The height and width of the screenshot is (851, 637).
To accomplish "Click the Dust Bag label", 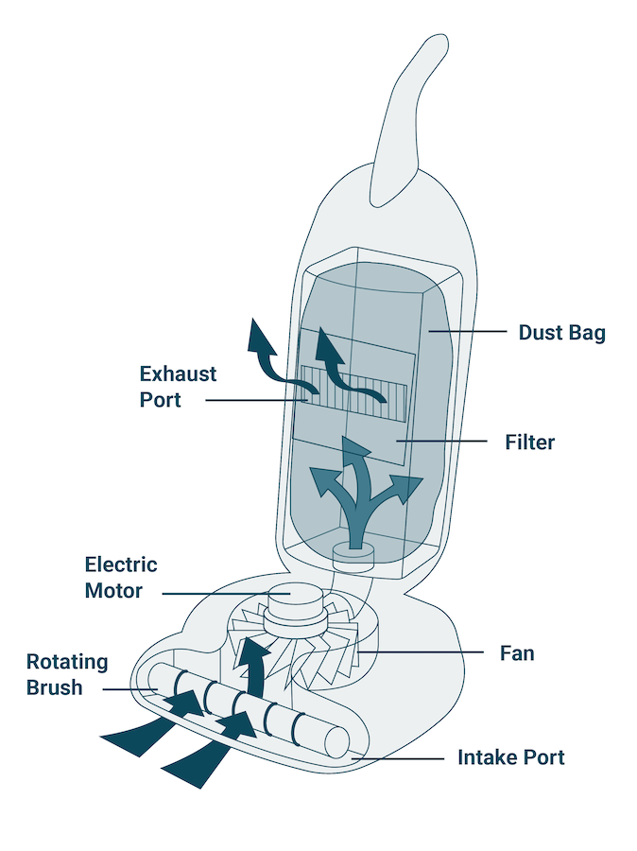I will coord(561,333).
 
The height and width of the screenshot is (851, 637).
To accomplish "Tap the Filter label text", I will coord(529,442).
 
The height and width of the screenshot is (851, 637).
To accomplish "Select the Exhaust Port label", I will coord(178,387).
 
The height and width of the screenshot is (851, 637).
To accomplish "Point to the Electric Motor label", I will coord(121,578).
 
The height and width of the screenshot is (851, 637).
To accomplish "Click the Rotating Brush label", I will coord(67,675).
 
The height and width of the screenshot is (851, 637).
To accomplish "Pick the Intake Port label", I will coord(510,757).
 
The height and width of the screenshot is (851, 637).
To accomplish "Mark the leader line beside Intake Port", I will coord(397,758).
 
